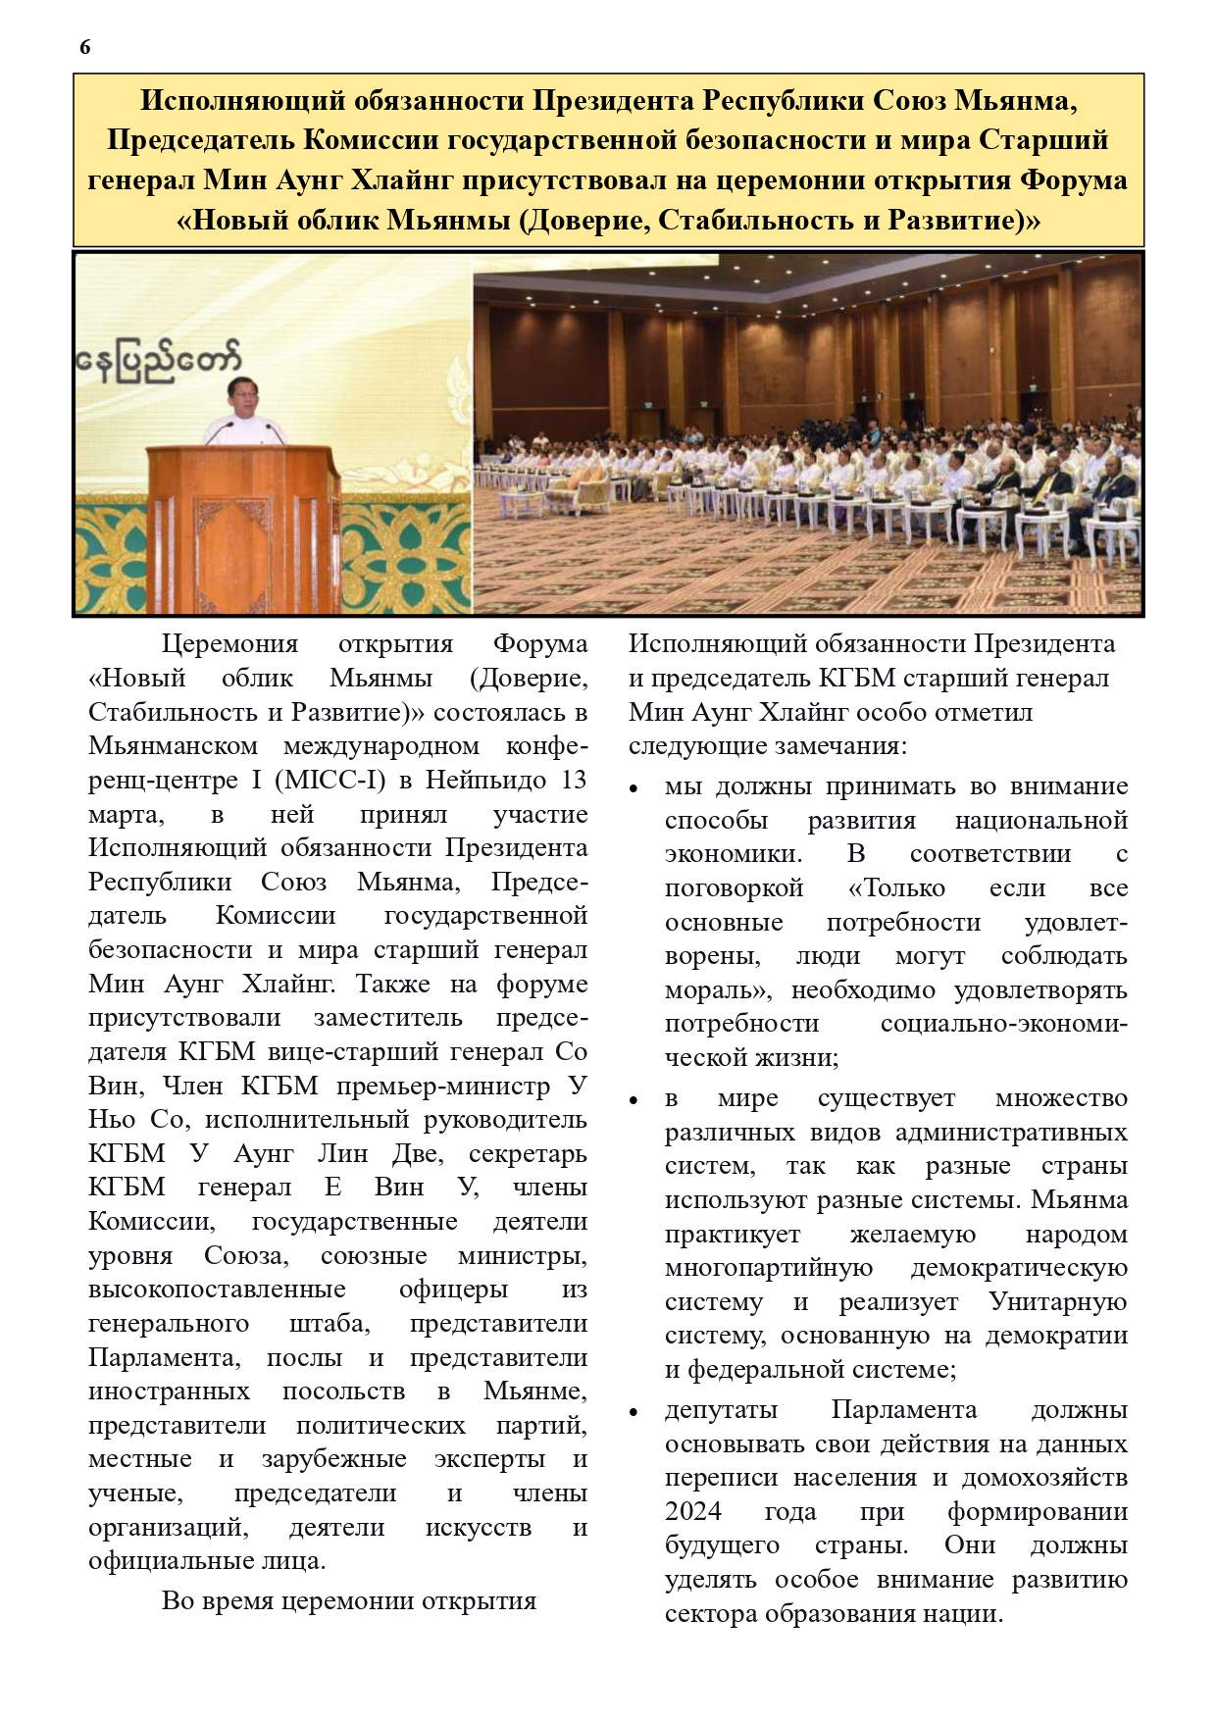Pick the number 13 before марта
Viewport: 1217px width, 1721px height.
pos(572,780)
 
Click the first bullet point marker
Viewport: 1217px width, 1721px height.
pos(634,788)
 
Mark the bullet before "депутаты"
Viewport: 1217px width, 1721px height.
pos(634,1412)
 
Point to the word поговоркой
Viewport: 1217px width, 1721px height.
pos(734,887)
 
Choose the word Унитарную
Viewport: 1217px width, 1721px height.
pos(1058,1301)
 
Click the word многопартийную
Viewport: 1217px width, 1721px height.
pos(769,1267)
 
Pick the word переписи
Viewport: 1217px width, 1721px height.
pos(724,1477)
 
